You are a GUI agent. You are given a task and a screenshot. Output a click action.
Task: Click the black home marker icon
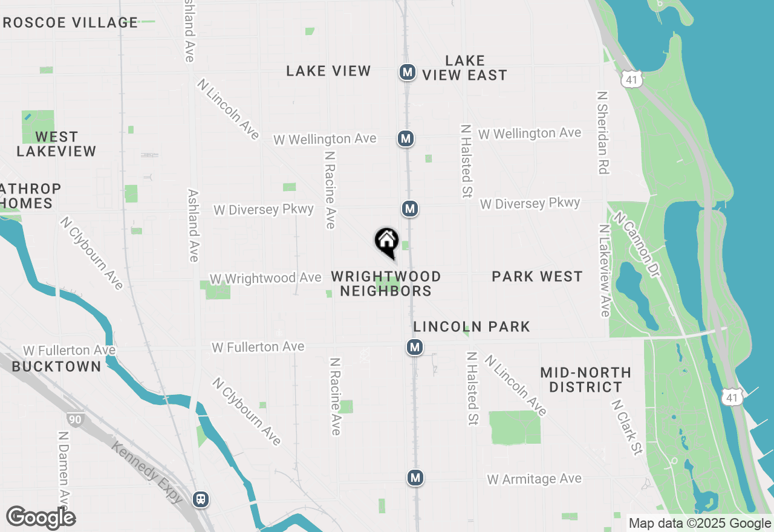386,242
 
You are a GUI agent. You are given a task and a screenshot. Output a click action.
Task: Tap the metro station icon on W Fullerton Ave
414,347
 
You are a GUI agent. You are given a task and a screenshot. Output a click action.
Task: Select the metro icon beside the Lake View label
408,73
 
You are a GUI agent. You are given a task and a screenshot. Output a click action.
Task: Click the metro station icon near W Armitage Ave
415,478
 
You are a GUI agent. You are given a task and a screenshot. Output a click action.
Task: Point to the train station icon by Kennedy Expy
200,499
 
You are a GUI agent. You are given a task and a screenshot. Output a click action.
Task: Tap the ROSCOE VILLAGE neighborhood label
70,23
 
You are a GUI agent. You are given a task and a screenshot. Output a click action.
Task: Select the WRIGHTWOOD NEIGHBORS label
386,284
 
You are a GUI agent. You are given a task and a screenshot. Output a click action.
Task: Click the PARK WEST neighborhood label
537,276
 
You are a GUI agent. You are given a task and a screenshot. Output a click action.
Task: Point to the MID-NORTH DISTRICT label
585,380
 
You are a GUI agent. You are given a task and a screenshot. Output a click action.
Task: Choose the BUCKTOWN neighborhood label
57,366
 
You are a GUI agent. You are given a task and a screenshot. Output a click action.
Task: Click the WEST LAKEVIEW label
56,144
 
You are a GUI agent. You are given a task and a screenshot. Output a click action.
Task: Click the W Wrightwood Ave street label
265,278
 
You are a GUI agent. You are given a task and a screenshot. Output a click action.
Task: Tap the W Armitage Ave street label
534,479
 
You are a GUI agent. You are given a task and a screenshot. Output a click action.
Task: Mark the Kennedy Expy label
147,472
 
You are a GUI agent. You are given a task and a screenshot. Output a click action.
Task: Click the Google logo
41,517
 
